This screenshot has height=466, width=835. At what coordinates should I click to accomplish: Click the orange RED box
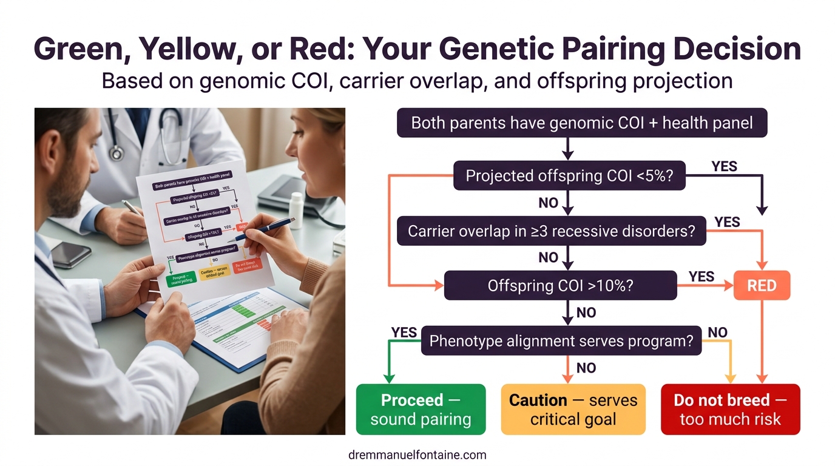(x=762, y=285)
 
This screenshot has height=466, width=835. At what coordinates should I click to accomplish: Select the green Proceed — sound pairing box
(x=421, y=410)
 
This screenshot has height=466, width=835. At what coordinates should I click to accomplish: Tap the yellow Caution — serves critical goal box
(x=573, y=410)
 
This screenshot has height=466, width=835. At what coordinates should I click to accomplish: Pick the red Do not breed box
(x=730, y=410)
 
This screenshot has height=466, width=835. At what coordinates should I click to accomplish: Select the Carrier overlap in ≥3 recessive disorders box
(x=551, y=231)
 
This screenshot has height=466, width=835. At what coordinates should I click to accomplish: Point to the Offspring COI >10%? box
(x=560, y=285)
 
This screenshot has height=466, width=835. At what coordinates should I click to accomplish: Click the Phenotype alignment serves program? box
(x=561, y=340)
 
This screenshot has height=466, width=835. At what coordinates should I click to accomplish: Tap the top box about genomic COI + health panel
(x=581, y=123)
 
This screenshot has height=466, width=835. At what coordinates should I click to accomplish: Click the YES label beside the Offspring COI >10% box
(x=701, y=277)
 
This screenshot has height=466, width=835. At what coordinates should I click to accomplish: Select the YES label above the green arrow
(x=404, y=332)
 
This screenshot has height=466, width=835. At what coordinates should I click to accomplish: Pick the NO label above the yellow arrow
(x=718, y=332)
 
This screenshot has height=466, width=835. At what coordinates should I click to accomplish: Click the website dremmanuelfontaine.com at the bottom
(x=417, y=454)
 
